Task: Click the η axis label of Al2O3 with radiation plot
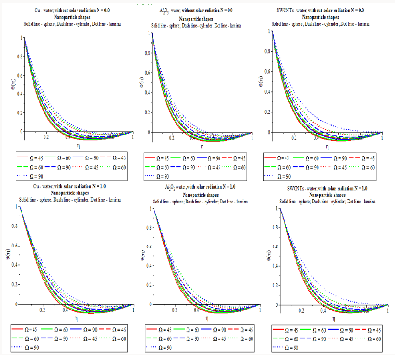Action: pos(207,318)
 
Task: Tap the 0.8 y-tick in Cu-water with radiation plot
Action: pos(14,227)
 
